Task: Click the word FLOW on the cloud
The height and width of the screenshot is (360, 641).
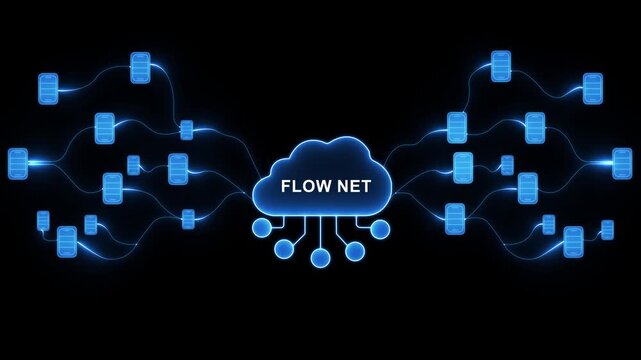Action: tap(301, 186)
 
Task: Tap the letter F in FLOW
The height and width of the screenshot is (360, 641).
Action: tap(286, 186)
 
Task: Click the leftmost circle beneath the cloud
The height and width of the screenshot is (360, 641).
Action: tap(261, 228)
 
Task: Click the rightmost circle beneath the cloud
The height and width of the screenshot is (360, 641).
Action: tap(380, 229)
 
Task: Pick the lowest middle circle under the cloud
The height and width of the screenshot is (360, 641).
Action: tap(320, 258)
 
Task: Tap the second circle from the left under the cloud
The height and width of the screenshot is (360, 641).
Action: tap(286, 251)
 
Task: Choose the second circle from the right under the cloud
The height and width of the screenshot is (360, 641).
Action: tap(355, 251)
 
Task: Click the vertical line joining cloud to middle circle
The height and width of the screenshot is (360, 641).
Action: tap(320, 232)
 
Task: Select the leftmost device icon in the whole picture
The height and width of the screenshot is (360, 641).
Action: tap(18, 163)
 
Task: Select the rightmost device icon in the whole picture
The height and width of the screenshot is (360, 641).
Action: tap(622, 162)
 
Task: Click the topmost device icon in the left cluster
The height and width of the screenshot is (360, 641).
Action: tap(140, 68)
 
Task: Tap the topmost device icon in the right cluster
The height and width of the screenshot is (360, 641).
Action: tap(501, 66)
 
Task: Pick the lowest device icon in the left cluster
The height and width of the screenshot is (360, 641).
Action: tap(67, 241)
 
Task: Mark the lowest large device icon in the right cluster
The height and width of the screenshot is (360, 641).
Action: tap(573, 241)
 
